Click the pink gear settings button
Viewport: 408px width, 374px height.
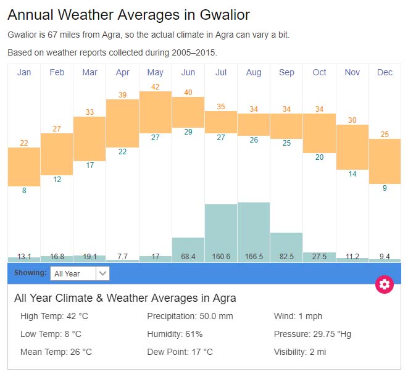pos(385,284)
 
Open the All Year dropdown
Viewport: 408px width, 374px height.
pos(80,273)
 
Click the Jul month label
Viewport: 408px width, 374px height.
pos(221,72)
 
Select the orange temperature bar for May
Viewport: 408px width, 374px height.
pos(156,112)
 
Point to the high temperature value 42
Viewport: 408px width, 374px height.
pos(156,86)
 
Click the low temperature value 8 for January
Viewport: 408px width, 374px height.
pos(24,191)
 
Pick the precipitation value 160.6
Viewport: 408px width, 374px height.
pos(221,256)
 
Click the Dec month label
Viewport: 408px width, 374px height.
pos(385,72)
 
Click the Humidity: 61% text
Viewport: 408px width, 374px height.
pos(175,334)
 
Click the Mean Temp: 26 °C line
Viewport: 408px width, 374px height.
pos(56,352)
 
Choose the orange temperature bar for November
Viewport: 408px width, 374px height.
pos(352,147)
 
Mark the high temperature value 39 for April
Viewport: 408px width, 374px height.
pos(123,94)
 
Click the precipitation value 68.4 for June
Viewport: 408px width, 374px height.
pos(188,256)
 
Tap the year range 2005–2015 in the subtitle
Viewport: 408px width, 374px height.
pos(191,52)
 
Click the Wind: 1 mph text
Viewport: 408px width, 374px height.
pos(298,316)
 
